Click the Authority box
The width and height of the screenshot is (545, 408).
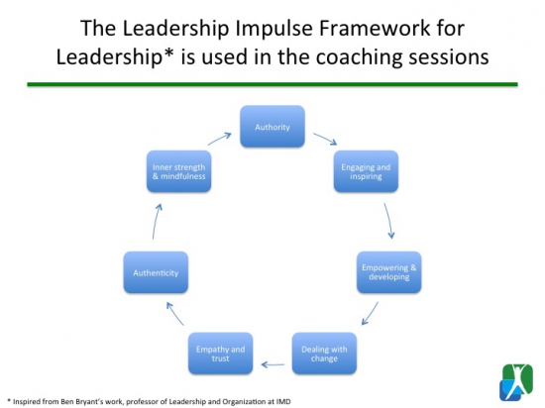click(x=272, y=127)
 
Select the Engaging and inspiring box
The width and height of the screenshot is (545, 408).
click(x=366, y=171)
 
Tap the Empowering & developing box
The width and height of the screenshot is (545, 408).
click(x=389, y=272)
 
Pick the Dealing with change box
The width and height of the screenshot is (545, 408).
click(x=324, y=354)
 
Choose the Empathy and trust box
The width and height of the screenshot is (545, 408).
click(x=220, y=354)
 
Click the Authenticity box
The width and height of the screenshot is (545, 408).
click(x=156, y=272)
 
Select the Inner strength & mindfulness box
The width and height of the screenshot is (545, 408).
click(x=178, y=171)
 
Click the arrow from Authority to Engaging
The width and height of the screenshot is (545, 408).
click(x=325, y=139)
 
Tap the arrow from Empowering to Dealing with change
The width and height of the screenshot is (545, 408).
click(x=370, y=314)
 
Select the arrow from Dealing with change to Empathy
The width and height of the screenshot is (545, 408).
click(x=272, y=364)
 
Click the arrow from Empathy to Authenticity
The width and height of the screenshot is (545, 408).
click(x=174, y=314)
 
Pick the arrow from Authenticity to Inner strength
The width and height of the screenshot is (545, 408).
click(x=156, y=222)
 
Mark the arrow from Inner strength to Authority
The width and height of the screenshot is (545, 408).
click(x=220, y=139)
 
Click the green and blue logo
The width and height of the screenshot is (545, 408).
click(x=516, y=382)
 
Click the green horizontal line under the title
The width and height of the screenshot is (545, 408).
click(x=272, y=84)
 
